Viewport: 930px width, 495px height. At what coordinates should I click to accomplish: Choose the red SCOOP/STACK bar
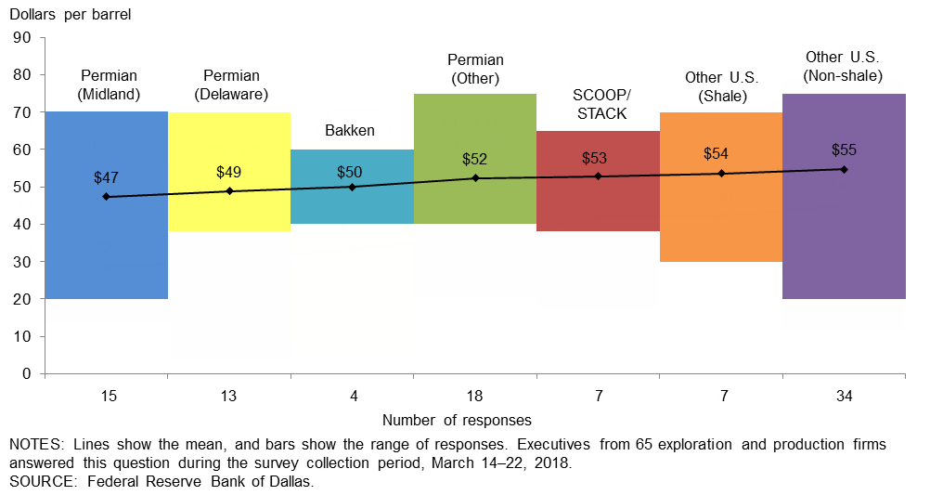click(598, 204)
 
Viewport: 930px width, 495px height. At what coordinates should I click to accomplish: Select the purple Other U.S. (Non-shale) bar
click(844, 241)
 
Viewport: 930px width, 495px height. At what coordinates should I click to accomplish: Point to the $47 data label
click(107, 176)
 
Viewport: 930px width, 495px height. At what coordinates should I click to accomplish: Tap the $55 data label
click(844, 150)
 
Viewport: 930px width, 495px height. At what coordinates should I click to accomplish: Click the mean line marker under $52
click(475, 177)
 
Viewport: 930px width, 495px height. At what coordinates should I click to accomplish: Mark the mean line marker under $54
click(721, 174)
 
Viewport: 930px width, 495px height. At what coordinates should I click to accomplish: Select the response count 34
click(844, 397)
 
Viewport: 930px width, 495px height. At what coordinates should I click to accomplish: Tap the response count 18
click(474, 397)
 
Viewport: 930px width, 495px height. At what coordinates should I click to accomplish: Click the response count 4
click(352, 397)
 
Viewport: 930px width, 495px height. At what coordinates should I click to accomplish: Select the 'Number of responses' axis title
click(457, 420)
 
